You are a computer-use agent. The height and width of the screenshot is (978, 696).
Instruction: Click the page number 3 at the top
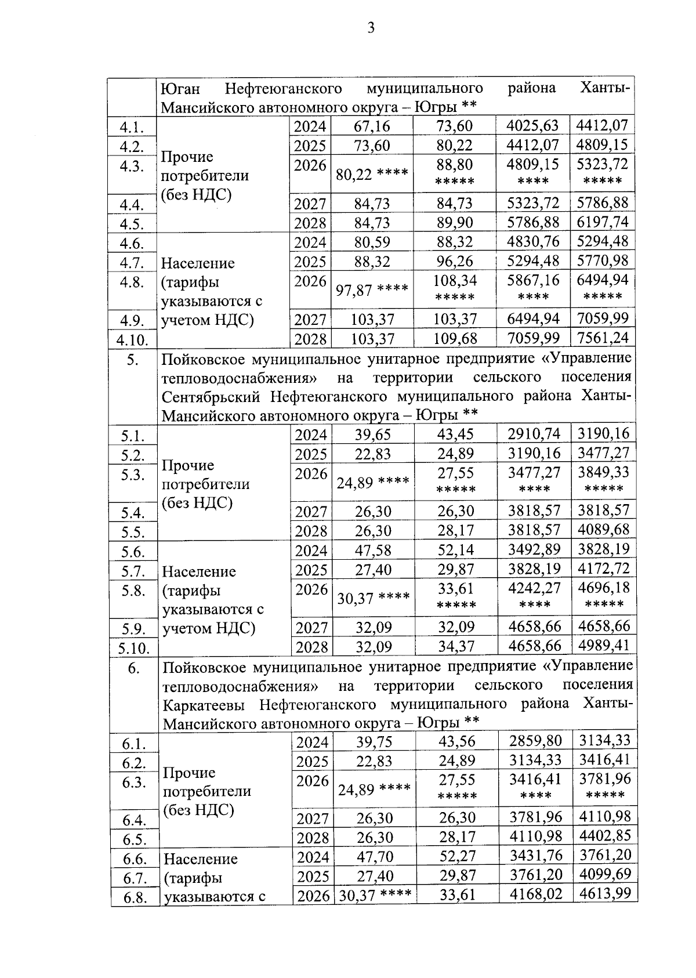tap(371, 28)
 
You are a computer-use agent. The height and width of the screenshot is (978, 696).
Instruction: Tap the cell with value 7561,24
tap(603, 338)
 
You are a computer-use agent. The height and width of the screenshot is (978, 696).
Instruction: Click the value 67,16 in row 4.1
tap(372, 126)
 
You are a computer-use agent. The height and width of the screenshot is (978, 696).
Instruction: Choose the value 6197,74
tap(603, 222)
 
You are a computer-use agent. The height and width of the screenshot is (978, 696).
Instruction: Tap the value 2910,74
tap(534, 434)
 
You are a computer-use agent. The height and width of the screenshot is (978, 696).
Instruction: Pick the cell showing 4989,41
tap(603, 646)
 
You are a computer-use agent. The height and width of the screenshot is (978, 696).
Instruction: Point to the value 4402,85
tap(604, 836)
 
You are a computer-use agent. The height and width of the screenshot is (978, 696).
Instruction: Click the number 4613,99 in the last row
tap(604, 893)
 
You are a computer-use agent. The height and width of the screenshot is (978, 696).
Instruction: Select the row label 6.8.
tap(133, 898)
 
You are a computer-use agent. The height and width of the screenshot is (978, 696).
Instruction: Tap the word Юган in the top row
tap(180, 89)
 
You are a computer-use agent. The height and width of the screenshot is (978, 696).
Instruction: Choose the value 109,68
tap(454, 338)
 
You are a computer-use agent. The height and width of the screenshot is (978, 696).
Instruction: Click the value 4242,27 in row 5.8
tap(534, 588)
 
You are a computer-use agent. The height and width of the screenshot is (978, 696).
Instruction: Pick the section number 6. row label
tap(133, 669)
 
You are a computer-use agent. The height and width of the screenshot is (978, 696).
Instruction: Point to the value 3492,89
tap(534, 549)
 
